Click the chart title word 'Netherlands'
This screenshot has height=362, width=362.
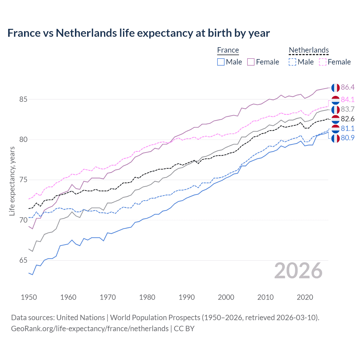[x=86, y=33]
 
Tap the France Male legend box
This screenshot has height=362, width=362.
[x=221, y=62]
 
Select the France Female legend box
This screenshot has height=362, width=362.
[x=251, y=62]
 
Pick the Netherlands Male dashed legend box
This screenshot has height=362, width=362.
[x=292, y=62]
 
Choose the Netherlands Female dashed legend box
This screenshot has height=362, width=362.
[x=323, y=62]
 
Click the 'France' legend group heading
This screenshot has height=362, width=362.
[x=228, y=50]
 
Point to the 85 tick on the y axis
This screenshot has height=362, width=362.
[x=23, y=100]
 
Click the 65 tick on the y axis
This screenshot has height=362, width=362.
[x=23, y=260]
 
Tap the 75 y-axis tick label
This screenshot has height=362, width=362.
[x=23, y=180]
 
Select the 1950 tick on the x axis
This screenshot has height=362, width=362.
[x=29, y=297]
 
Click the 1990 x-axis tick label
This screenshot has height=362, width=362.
[x=187, y=297]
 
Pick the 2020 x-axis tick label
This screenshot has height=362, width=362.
[x=305, y=297]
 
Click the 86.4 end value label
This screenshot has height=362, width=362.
[x=348, y=87]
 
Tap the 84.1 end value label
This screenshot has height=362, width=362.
[x=348, y=100]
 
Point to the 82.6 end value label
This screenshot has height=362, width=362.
[x=348, y=119]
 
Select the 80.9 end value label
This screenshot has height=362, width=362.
[x=348, y=138]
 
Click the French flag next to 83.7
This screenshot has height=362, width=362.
[x=335, y=109]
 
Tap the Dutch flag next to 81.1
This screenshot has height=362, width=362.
[x=335, y=129]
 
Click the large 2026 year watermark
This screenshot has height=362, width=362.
[x=298, y=271]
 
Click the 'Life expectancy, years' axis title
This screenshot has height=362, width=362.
[x=12, y=181]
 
